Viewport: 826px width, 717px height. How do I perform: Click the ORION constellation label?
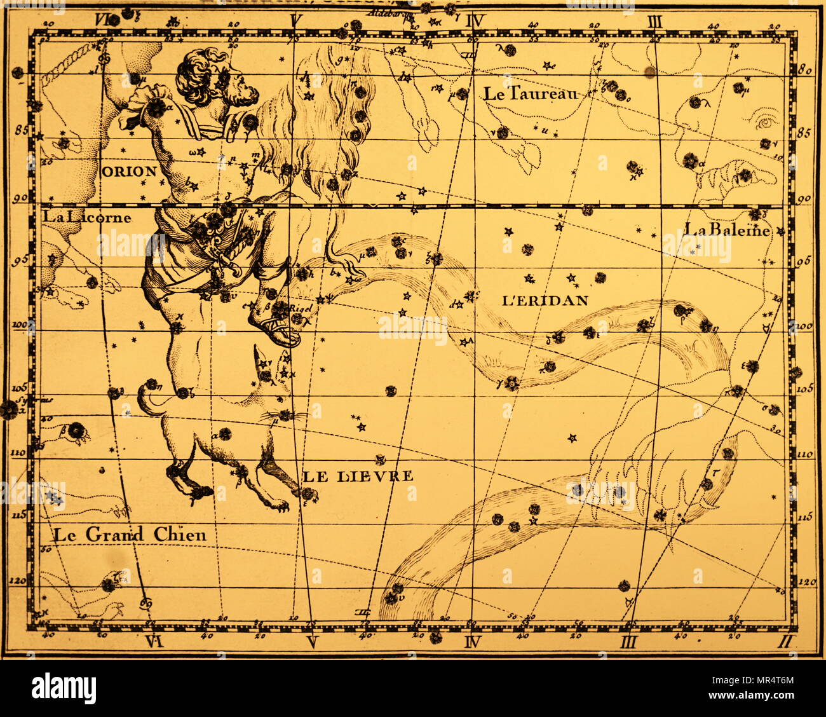pyautogui.click(x=128, y=171)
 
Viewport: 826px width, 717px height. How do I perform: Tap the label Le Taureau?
pyautogui.click(x=531, y=94)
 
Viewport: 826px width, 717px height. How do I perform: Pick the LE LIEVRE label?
pyautogui.click(x=357, y=475)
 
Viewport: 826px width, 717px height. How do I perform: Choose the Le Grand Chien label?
pyautogui.click(x=130, y=535)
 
